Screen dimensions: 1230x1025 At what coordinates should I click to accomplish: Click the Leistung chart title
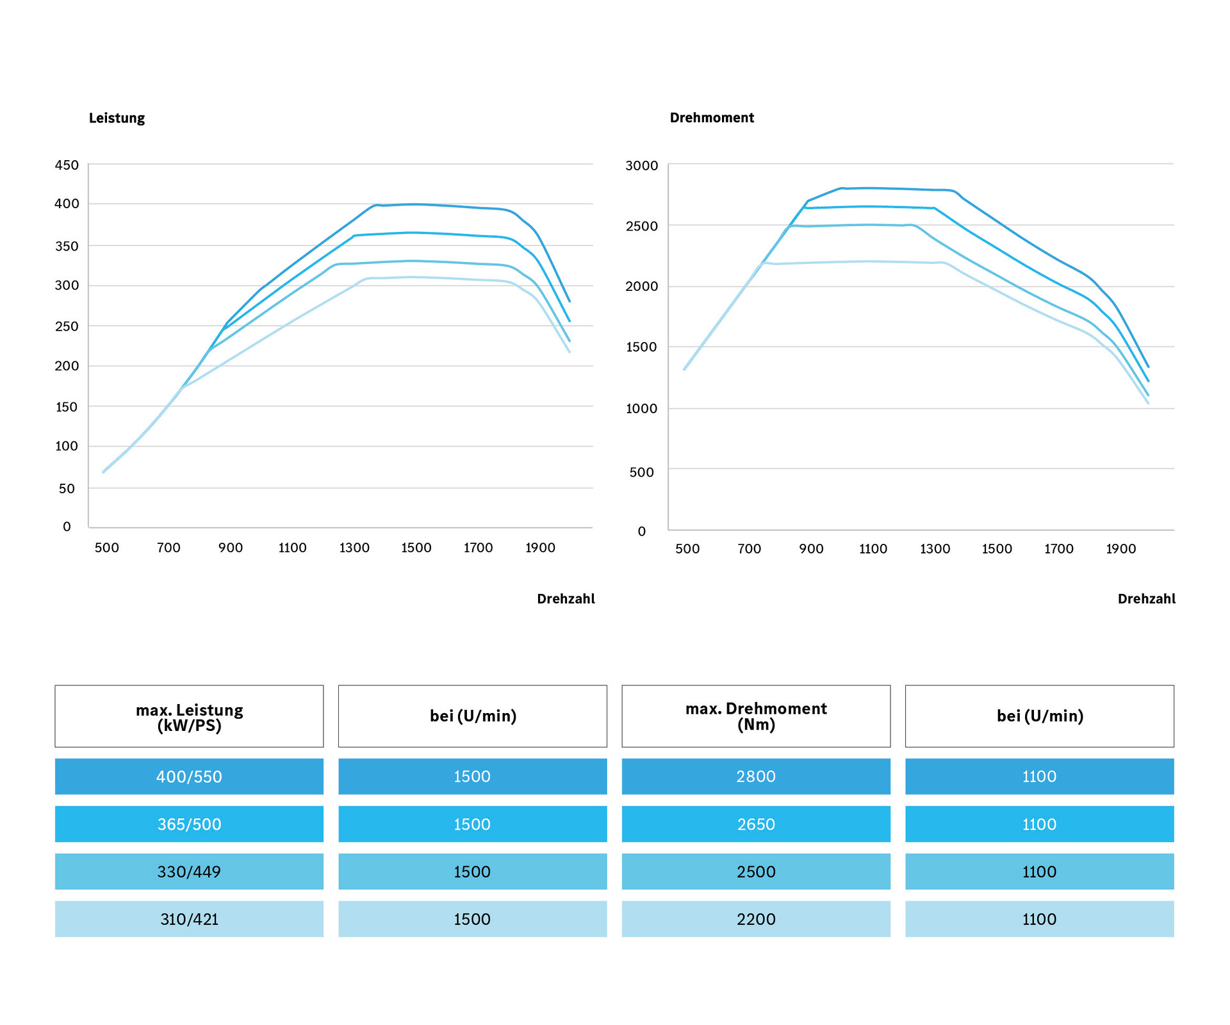[x=117, y=118]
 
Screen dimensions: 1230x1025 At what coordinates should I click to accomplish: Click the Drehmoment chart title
[x=712, y=118]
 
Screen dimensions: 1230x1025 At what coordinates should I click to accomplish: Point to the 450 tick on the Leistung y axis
[x=67, y=165]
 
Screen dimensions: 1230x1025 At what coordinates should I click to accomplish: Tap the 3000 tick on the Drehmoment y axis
[x=641, y=165]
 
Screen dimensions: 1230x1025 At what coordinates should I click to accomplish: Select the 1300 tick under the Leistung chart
[x=354, y=548]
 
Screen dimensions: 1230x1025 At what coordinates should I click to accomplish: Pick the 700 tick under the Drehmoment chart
[x=749, y=548]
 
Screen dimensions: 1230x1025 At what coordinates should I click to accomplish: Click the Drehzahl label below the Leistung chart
[x=566, y=598]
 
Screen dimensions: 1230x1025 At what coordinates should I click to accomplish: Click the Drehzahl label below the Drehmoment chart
[x=1147, y=598]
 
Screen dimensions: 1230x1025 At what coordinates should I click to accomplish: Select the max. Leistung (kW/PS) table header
[x=189, y=716]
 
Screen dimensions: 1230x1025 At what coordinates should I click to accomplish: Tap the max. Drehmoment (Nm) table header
[x=756, y=716]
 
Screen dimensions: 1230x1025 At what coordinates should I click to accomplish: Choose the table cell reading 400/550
[x=189, y=776]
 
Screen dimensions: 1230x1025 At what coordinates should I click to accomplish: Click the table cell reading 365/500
[x=189, y=824]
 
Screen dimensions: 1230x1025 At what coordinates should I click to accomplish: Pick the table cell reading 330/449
[x=189, y=871]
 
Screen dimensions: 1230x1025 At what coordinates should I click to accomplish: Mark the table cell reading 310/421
[x=189, y=919]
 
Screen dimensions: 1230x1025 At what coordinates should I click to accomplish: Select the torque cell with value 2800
[x=756, y=776]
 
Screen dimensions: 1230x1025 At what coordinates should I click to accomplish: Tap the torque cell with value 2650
[x=756, y=824]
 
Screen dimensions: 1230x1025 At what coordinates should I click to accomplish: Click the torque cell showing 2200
[x=756, y=919]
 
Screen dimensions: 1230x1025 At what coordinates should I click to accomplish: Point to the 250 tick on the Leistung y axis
[x=67, y=326]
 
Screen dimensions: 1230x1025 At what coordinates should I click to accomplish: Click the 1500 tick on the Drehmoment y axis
[x=641, y=347]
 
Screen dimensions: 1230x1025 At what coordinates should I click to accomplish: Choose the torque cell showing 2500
[x=756, y=871]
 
